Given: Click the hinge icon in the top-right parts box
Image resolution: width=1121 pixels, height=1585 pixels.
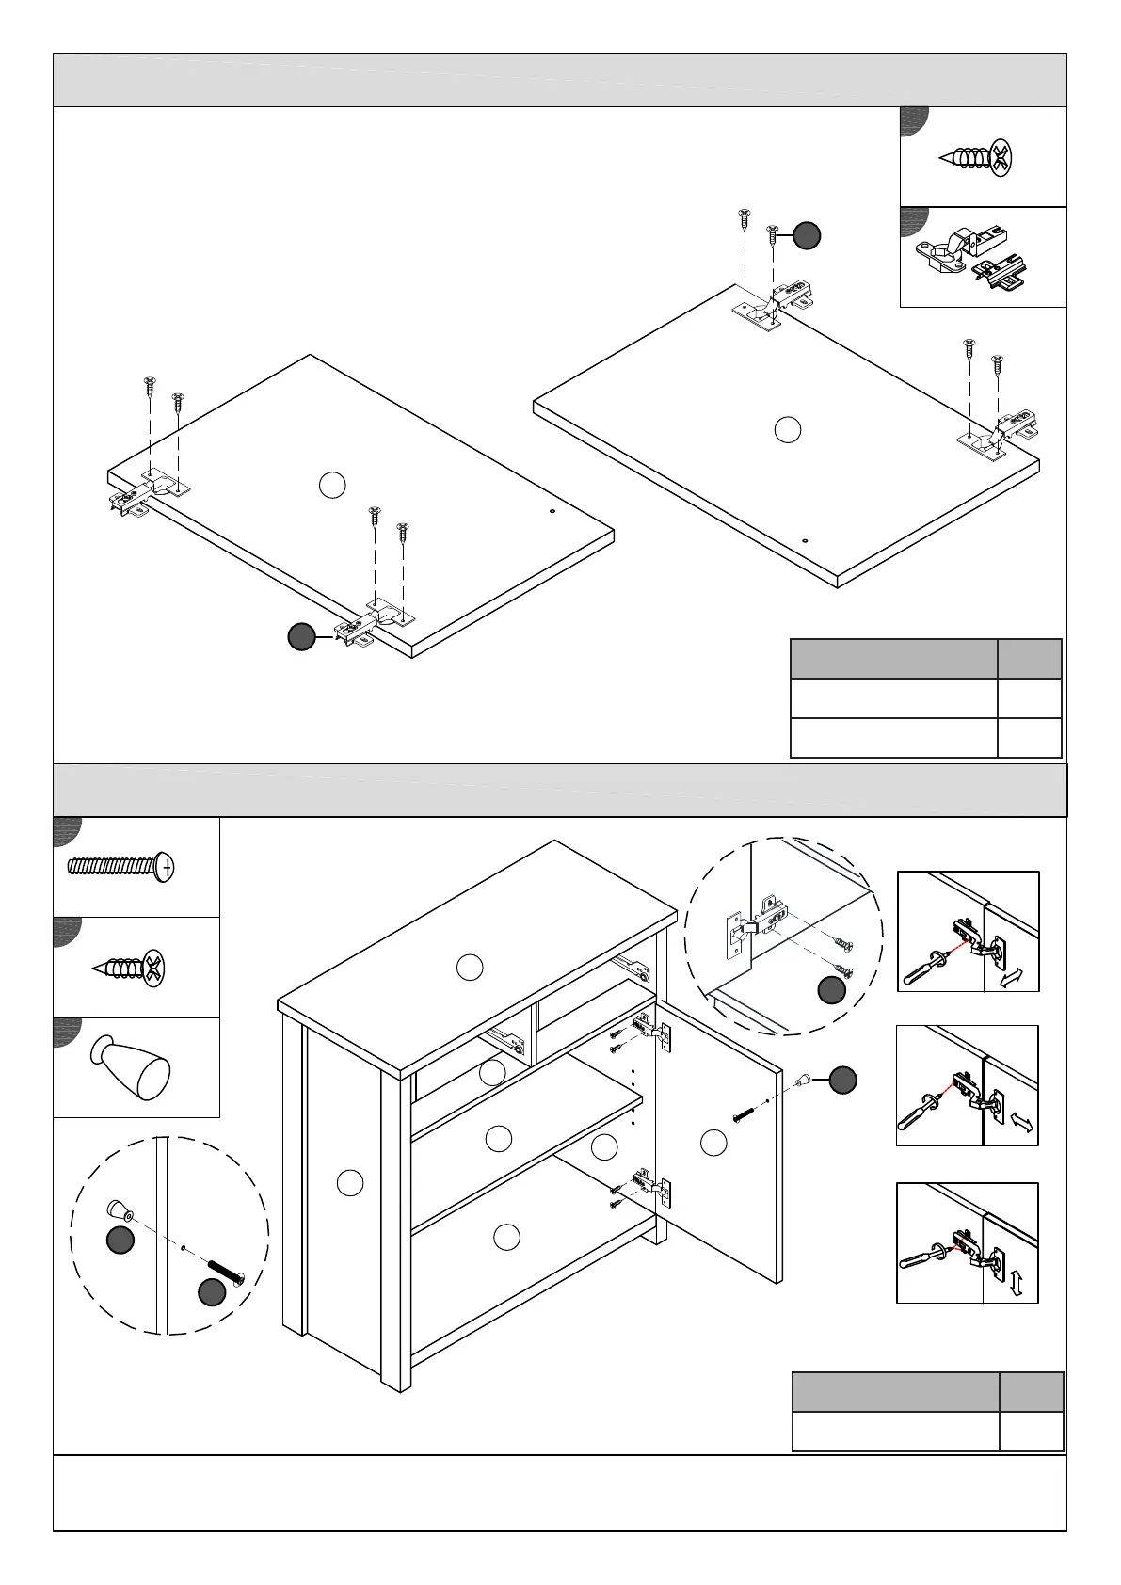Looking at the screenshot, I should click(969, 258).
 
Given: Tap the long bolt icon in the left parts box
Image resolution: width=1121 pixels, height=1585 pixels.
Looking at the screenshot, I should click(121, 866).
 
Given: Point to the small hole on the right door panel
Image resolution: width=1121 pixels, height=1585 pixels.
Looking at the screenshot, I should click(806, 541).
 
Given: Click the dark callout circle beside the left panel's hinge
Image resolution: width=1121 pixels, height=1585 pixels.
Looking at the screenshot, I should click(301, 637).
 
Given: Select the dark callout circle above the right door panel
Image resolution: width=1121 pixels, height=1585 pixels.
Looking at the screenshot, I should click(807, 235).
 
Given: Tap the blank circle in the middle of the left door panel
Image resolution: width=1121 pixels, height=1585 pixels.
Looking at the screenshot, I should click(331, 485).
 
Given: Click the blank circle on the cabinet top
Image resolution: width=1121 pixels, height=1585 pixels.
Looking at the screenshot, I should click(470, 967).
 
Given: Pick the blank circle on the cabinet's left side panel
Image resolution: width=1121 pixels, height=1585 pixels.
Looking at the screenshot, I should click(350, 1182).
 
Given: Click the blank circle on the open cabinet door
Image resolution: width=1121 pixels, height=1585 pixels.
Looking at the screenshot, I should click(714, 1143).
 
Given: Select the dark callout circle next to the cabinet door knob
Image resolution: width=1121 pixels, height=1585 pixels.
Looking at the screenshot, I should click(842, 1081).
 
